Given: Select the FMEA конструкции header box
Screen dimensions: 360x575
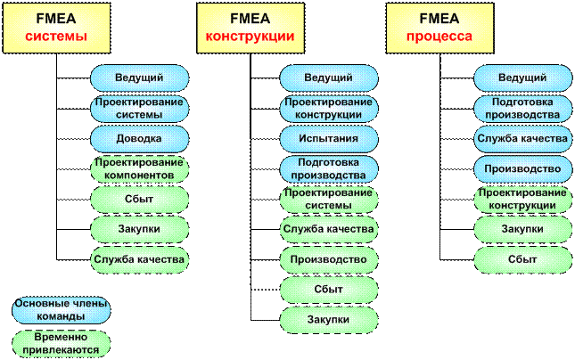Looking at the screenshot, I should point(251,27).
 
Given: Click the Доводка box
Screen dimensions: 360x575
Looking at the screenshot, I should point(139,138).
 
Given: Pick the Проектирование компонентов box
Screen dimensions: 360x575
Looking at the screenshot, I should point(139,169).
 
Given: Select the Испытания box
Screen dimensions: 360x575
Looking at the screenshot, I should point(328,138).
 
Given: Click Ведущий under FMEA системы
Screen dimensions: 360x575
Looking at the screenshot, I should point(139,78).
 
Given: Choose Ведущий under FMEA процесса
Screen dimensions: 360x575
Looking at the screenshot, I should point(522,78).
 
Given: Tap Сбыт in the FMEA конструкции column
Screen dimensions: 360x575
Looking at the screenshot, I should point(328,290).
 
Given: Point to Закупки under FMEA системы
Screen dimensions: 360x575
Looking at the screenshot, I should point(139,229).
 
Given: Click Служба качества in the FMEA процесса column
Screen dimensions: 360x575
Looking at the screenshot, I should point(522,138).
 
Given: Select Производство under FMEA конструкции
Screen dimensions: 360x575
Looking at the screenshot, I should point(328,259).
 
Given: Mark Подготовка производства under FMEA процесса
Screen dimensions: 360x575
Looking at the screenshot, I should point(522,108).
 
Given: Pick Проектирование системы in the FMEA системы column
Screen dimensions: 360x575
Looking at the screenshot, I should point(139,108).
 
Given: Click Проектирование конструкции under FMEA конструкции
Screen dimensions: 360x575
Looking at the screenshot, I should point(328,108).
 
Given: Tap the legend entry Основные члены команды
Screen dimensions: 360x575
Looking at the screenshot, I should point(62,310).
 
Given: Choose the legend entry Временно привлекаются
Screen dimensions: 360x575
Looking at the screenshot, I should point(62,344).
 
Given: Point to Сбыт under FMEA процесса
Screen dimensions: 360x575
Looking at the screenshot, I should point(522,259).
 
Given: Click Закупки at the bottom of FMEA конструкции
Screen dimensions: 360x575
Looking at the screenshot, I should point(328,319).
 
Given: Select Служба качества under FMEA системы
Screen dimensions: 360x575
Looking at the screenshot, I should point(139,259).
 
